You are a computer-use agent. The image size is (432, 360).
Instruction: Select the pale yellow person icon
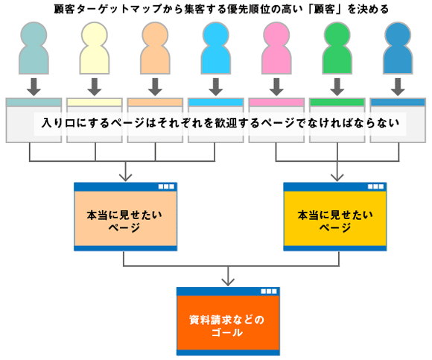coord(94,48)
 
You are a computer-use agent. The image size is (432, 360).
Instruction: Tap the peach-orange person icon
coord(155,48)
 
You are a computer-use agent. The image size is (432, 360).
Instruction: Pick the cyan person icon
coord(216,48)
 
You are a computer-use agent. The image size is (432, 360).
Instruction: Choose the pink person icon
coord(277,48)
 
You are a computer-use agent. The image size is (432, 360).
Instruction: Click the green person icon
coord(337,48)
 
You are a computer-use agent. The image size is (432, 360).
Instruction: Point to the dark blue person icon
coord(398,48)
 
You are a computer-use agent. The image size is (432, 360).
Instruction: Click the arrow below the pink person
coord(277,88)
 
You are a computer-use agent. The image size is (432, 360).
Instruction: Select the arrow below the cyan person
coord(216,88)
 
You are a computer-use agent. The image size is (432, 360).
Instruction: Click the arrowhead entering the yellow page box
coord(336,177)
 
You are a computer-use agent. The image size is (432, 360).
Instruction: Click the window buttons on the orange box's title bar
coord(270,291)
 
